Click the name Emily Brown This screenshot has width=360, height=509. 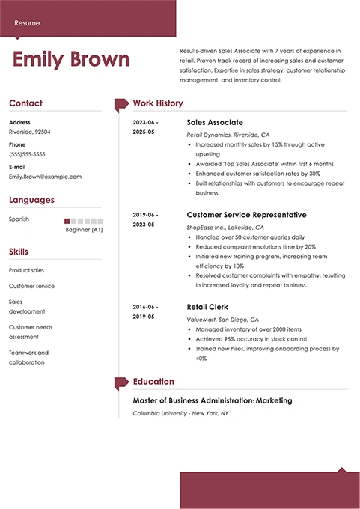pyautogui.click(x=71, y=60)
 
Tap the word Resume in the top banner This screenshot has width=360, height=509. pyautogui.click(x=27, y=22)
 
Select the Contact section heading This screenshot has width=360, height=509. pyautogui.click(x=25, y=103)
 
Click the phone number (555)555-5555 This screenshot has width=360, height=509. pyautogui.click(x=28, y=153)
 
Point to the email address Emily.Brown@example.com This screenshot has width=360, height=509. pyautogui.click(x=45, y=177)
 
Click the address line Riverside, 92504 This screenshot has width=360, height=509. pyautogui.click(x=30, y=131)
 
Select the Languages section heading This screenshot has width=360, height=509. pyautogui.click(x=31, y=200)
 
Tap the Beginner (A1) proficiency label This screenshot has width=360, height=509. pyautogui.click(x=85, y=230)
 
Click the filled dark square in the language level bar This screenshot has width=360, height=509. pyautogui.click(x=67, y=221)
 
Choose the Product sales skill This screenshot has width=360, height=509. pyautogui.click(x=26, y=270)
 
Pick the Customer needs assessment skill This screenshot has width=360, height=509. pyautogui.click(x=30, y=332)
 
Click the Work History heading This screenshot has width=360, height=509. pyautogui.click(x=157, y=103)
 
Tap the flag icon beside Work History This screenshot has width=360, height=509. pyautogui.click(x=120, y=104)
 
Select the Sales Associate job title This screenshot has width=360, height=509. pyautogui.click(x=214, y=122)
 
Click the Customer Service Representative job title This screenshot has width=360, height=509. pyautogui.click(x=245, y=215)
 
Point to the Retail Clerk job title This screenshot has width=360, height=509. pyautogui.click(x=207, y=307)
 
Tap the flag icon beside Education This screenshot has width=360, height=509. pyautogui.click(x=120, y=382)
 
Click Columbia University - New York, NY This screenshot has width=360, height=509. pyautogui.click(x=180, y=413)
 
